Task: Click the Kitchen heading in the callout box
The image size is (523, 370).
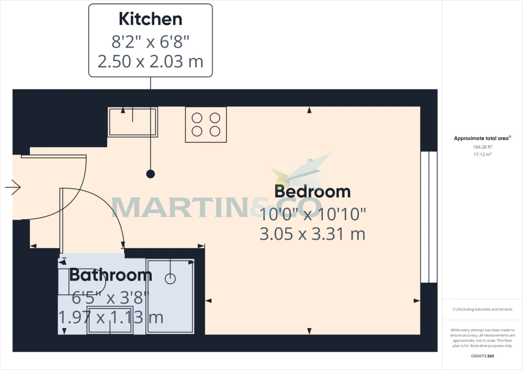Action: pos(151,19)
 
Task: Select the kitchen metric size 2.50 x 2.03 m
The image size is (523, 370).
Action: pos(151,62)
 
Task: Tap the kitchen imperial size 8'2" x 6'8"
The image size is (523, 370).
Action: pos(151,42)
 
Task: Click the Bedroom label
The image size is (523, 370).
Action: pos(313,192)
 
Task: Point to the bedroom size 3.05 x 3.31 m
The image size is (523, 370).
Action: pos(313,234)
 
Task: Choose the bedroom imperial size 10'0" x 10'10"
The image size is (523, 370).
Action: pos(313,214)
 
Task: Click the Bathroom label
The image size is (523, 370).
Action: pos(111,275)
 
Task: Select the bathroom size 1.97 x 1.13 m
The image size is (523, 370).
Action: pos(111,317)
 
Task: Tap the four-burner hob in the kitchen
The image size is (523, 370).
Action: pos(206,125)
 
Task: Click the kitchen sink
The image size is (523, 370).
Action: pos(133,122)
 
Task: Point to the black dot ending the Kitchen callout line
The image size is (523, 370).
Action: pos(151,174)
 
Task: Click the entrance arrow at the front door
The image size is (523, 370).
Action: pos(13,187)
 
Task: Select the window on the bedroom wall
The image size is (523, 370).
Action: pos(429,217)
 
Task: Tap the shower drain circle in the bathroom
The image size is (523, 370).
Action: pos(170,278)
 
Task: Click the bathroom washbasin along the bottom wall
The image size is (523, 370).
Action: pos(110,320)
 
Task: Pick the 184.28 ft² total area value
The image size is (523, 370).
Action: pos(483,147)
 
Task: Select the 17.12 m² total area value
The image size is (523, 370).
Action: pos(483,154)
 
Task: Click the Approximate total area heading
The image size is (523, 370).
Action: pos(482,138)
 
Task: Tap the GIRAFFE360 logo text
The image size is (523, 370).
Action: pos(482,356)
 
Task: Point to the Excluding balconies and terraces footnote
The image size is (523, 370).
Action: pos(482,309)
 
